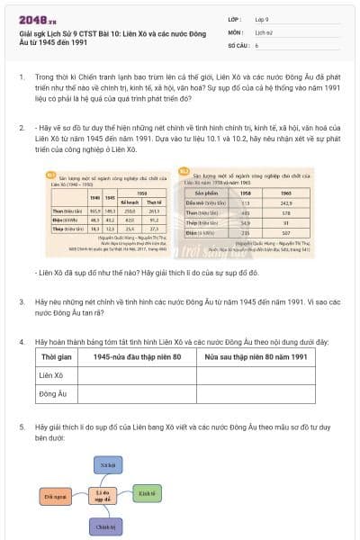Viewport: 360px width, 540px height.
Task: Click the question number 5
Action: tap(22, 425)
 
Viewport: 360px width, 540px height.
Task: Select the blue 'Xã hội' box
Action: tap(107, 464)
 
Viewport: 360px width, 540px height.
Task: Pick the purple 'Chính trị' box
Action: tap(107, 526)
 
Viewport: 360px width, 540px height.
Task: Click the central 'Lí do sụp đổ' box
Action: tap(105, 496)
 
